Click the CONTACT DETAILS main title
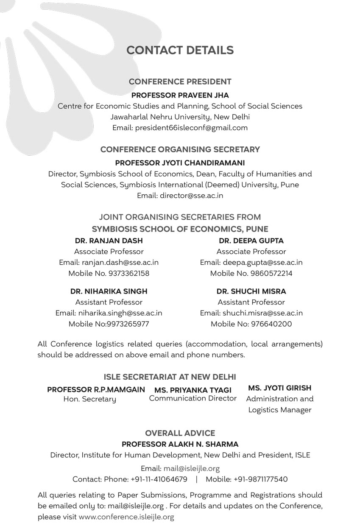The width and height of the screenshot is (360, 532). tap(180, 50)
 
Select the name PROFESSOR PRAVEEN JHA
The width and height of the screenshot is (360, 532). tap(180, 95)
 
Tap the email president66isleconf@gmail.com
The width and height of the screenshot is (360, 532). tap(191, 128)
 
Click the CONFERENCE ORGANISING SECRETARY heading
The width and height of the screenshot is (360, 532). tap(180, 149)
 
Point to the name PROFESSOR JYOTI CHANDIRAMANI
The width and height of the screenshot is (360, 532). tap(180, 163)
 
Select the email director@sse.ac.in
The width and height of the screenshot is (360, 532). tap(191, 196)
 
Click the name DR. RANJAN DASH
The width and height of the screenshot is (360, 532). tap(109, 241)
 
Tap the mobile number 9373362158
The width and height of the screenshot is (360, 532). tap(129, 273)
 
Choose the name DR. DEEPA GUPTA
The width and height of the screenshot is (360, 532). tap(251, 241)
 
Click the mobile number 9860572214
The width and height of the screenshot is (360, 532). tap(271, 273)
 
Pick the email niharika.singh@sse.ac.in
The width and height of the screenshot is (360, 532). tap(120, 313)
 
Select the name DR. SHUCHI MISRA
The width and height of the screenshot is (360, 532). tap(251, 291)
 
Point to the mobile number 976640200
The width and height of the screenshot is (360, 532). tap(271, 324)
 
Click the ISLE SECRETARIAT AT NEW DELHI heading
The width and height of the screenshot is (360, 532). tap(170, 377)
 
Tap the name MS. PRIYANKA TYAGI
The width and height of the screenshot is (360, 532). tap(193, 390)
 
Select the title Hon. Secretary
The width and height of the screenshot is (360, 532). tap(89, 399)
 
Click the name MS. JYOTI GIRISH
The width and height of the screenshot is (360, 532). tap(279, 388)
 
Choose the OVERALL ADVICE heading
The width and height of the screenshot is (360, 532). tap(180, 433)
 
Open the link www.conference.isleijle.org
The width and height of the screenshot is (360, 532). tap(126, 517)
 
